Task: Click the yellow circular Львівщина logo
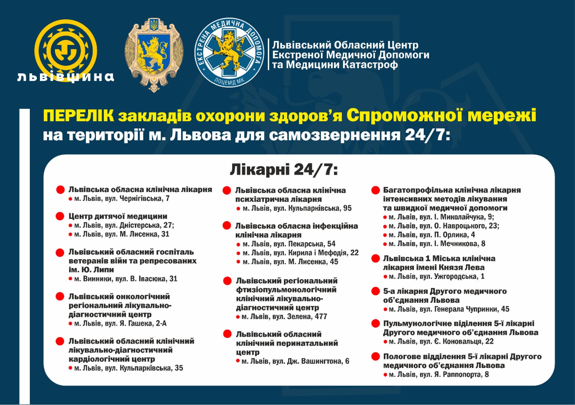tap(65, 50)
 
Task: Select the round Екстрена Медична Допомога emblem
tap(229, 53)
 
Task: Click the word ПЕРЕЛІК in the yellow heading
tap(78, 116)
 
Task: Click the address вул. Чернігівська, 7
tap(121, 199)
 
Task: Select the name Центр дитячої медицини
tap(118, 216)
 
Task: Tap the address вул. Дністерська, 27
tap(124, 225)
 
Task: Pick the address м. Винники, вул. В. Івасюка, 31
tap(125, 279)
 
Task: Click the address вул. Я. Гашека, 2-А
tap(120, 323)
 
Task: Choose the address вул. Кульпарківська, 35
tap(128, 368)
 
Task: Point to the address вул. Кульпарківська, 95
tap(297, 208)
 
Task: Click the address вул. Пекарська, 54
tap(289, 244)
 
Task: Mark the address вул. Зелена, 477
tap(284, 317)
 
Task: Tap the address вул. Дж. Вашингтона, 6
tap(295, 361)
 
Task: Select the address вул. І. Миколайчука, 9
tap(441, 217)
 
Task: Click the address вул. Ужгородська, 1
tap(436, 276)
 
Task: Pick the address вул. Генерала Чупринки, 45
tap(449, 309)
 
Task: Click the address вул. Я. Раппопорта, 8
tap(438, 374)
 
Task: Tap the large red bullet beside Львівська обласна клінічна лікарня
tap(60, 190)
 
